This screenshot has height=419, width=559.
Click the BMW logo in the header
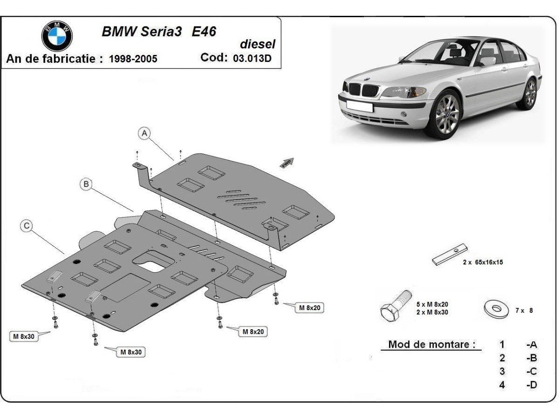point(57,35)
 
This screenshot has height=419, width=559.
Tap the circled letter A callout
point(144,134)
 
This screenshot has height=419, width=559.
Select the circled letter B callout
point(86,184)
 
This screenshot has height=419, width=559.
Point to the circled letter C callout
point(27,226)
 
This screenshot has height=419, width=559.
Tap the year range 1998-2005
point(133,59)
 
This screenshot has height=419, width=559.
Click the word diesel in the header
point(257,44)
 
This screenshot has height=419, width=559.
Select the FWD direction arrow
point(286,162)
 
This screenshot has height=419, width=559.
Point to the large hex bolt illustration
point(395,305)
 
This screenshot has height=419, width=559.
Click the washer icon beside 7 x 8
point(496,309)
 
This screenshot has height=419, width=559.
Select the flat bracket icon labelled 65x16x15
point(450,255)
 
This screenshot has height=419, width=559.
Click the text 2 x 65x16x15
point(483,262)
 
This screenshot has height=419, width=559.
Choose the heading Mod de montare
point(432,345)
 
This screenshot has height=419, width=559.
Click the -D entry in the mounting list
point(531,385)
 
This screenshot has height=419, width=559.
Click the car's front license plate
point(359,106)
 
